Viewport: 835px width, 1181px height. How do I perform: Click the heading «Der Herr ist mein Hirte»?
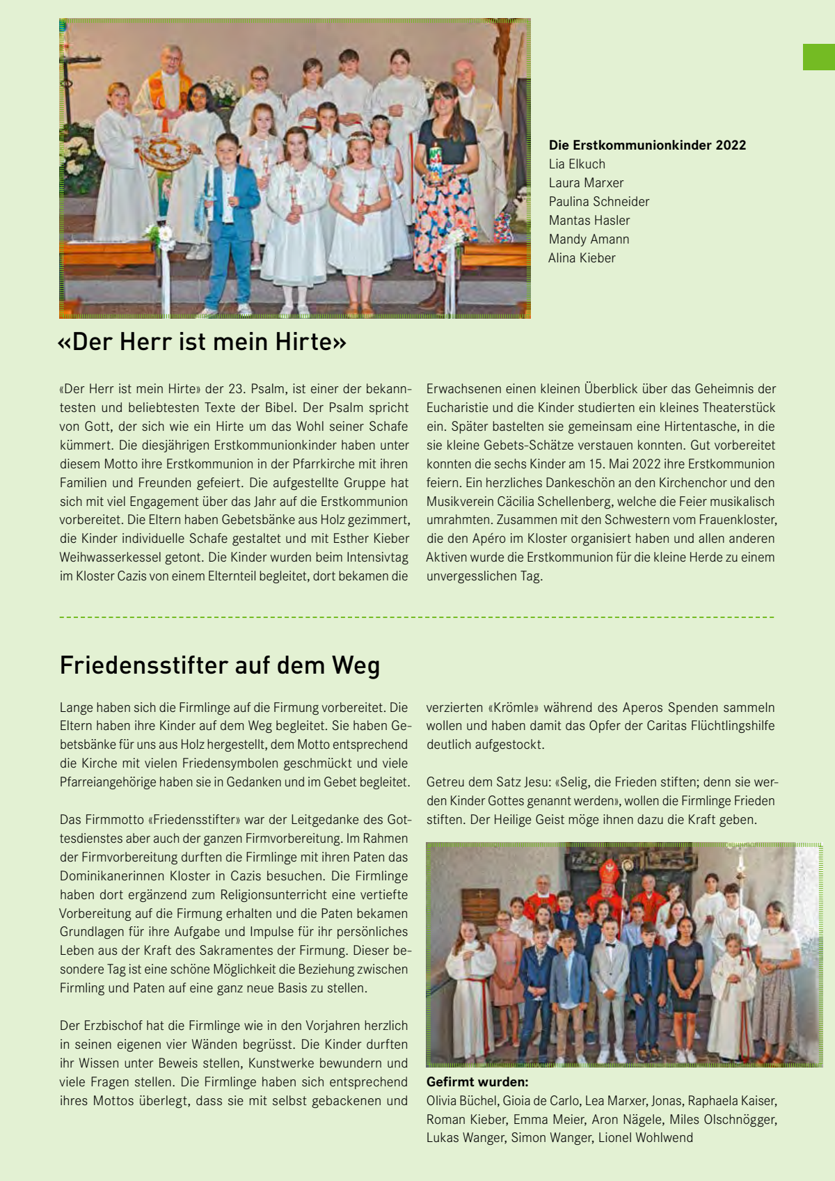[202, 342]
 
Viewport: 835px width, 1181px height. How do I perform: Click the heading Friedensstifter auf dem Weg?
[220, 665]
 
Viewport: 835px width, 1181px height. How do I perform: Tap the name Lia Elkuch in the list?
[577, 164]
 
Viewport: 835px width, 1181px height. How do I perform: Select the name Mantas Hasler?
[589, 221]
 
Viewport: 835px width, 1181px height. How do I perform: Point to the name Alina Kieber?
[582, 258]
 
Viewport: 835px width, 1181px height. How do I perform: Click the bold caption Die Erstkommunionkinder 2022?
[647, 145]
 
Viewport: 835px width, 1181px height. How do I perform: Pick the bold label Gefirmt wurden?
[477, 1082]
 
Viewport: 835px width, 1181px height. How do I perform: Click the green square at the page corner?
[819, 57]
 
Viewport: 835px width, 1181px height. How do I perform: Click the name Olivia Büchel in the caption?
[462, 1101]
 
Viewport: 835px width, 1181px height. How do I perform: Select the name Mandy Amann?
[589, 239]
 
